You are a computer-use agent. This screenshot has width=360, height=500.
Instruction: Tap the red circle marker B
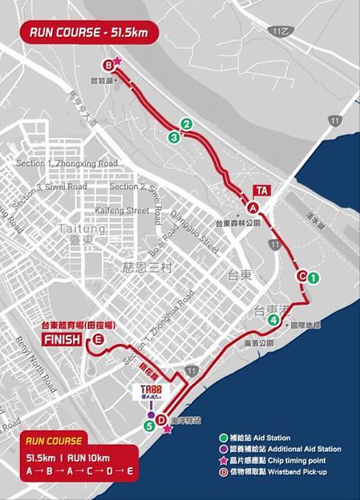click(x=108, y=64)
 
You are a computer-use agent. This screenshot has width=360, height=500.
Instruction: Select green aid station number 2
click(x=186, y=124)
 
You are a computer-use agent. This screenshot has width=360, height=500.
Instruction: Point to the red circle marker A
click(x=253, y=207)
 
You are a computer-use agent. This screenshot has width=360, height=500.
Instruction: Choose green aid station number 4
click(x=273, y=321)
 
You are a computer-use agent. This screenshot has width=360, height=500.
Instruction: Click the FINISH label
click(x=62, y=340)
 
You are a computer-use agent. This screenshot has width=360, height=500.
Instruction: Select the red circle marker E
click(x=99, y=340)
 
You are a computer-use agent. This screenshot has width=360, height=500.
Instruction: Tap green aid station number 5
click(x=149, y=426)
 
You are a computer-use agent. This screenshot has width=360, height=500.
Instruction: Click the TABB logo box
click(x=151, y=392)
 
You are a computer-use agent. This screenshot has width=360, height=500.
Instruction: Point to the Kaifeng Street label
click(x=122, y=211)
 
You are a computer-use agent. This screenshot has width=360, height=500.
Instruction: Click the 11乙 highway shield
click(x=280, y=30)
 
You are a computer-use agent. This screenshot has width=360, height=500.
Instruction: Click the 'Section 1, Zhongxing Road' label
click(x=67, y=164)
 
